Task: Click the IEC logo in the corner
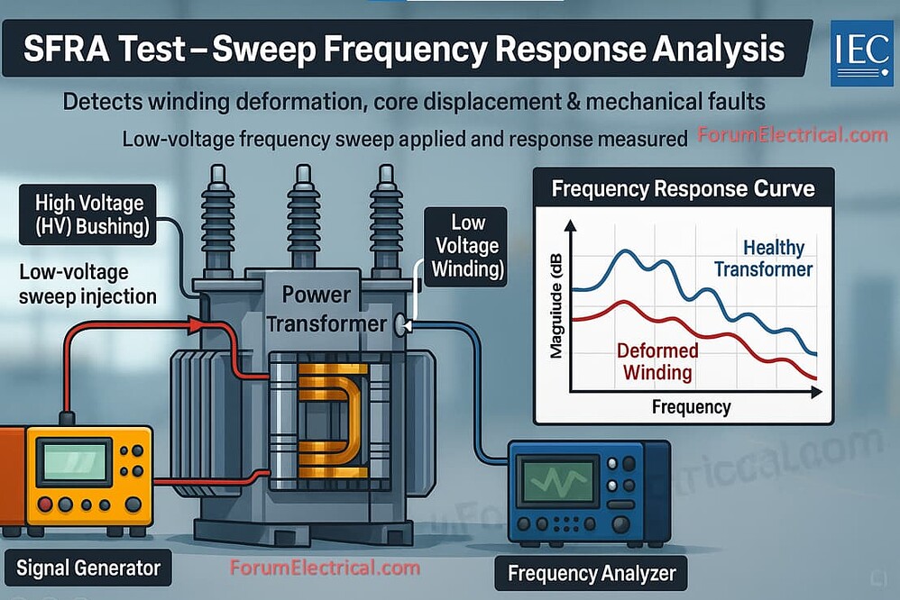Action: (861, 53)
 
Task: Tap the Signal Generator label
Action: (88, 568)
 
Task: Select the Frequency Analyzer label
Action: (591, 573)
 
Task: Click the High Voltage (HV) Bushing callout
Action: (89, 214)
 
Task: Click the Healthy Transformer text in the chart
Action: (764, 258)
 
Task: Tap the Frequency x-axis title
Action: (691, 407)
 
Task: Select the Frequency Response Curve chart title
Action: (683, 189)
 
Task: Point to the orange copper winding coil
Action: (333, 418)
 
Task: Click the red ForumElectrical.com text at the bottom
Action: (325, 568)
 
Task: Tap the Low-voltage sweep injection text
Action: (88, 284)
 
